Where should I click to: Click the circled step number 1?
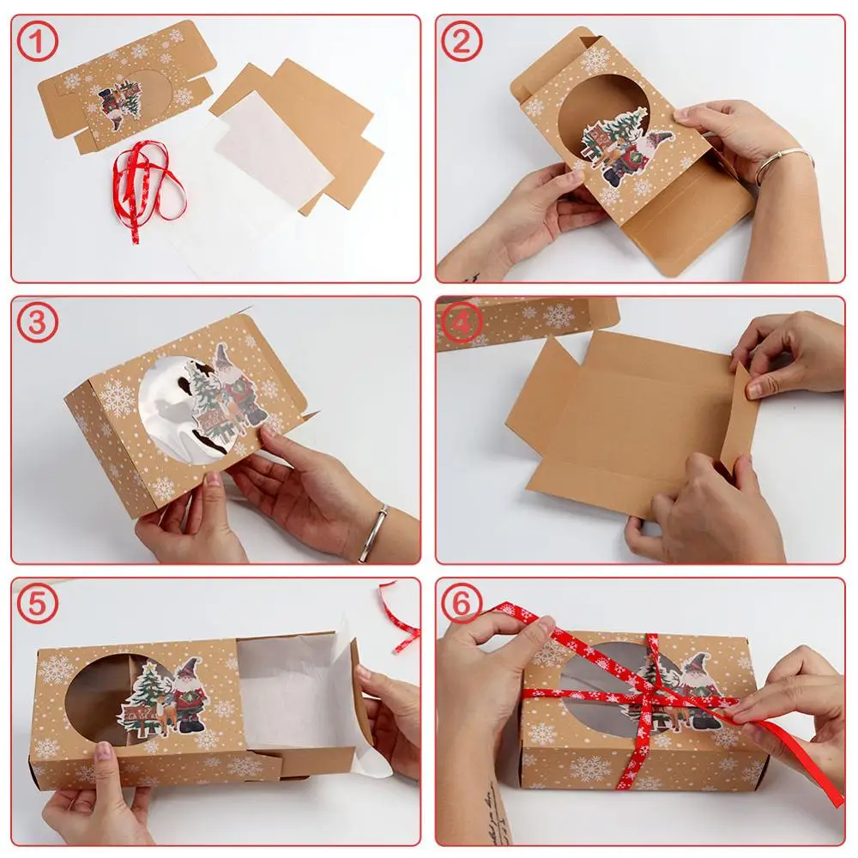coord(37,41)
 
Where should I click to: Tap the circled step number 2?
coord(462,41)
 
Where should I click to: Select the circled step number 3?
coord(37,323)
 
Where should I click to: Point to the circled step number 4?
coord(462,323)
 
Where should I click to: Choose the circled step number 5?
coord(37,604)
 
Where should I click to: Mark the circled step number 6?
coord(462,604)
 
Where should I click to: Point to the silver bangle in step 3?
coord(374,534)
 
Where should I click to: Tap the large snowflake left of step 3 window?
coord(116,398)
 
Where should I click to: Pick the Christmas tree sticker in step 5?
coord(145,695)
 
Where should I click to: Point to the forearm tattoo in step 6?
coord(494,815)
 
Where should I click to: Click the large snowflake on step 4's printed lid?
coord(559,317)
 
